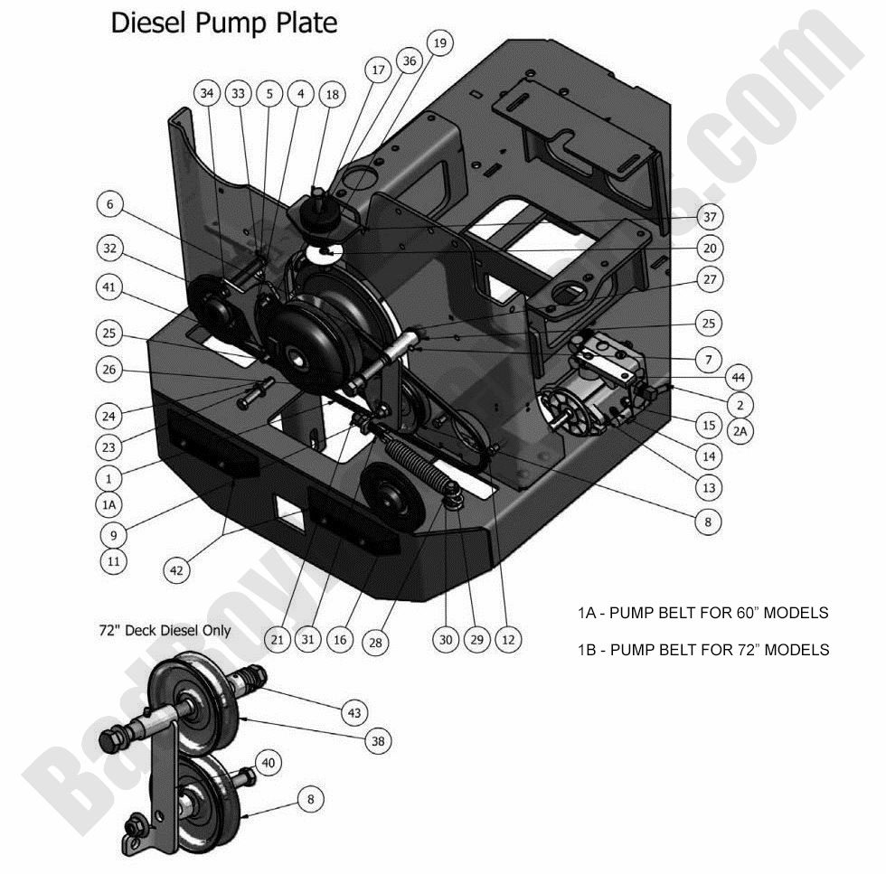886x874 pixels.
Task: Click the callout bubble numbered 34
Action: click(208, 93)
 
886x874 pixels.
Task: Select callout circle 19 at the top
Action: click(438, 42)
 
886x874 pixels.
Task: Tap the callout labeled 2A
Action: click(740, 431)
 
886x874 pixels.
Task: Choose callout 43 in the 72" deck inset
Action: click(354, 712)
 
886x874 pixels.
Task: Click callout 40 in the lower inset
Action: click(268, 763)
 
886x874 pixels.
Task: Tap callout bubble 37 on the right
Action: click(709, 217)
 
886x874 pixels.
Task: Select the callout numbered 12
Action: click(507, 639)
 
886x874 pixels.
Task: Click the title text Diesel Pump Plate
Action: click(223, 23)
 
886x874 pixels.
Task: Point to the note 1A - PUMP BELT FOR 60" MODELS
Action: click(702, 613)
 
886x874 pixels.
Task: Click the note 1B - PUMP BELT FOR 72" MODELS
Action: click(702, 649)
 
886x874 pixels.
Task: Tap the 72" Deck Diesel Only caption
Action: click(165, 630)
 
